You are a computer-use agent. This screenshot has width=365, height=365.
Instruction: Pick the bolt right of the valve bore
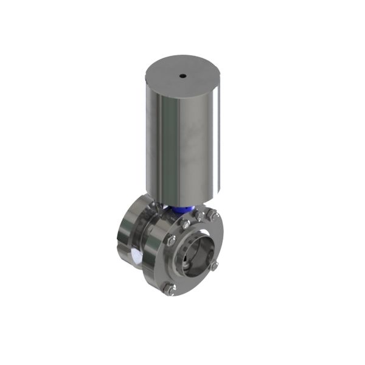(214, 266)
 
